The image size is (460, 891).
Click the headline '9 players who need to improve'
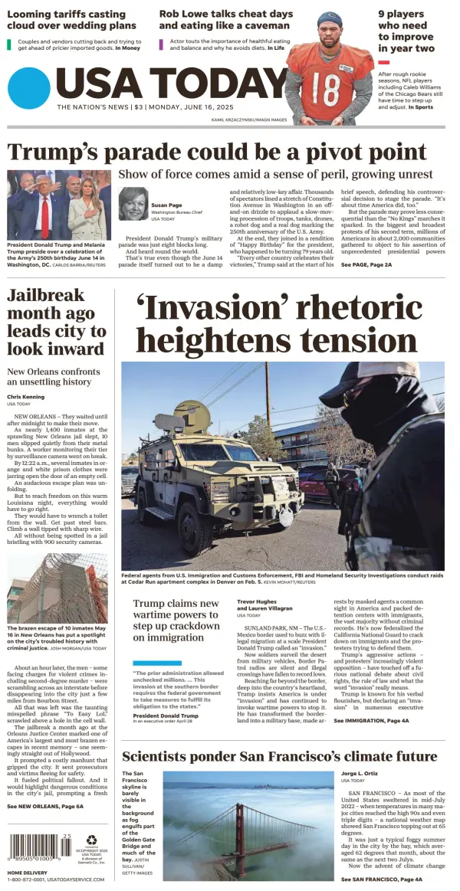click(406, 31)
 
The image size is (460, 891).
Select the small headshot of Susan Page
click(133, 204)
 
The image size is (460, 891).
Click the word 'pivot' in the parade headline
click(310, 151)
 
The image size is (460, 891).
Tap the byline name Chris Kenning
click(26, 396)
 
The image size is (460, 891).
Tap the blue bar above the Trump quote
click(157, 663)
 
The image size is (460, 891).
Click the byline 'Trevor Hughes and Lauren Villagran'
click(264, 605)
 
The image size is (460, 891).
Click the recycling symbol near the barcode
click(92, 840)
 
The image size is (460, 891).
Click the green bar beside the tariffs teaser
click(9, 44)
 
